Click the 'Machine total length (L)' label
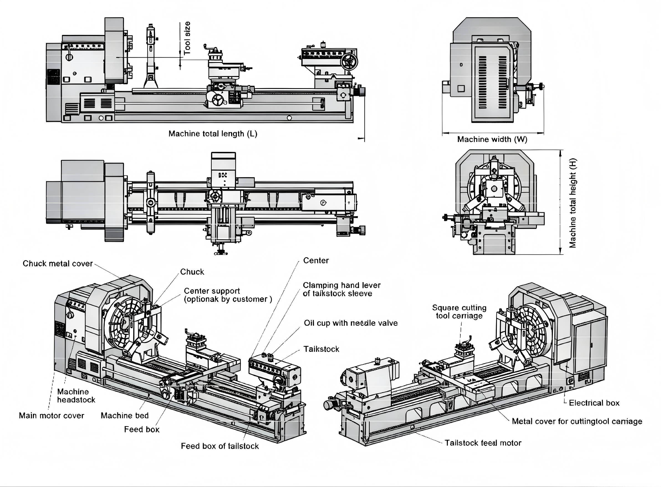pos(213,134)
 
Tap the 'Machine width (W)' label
pos(492,139)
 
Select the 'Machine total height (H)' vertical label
pos(572,203)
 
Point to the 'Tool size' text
pos(187,38)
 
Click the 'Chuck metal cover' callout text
pos(58,264)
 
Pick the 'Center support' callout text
pos(228,295)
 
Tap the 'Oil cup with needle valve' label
pos(351,323)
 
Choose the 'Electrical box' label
pos(594,403)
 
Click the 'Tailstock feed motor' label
pos(483,443)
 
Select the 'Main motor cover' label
pos(52,416)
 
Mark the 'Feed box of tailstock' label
pos(220,446)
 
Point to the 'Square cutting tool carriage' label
pos(459,312)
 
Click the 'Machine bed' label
pos(125,416)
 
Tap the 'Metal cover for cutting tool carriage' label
pos(577,421)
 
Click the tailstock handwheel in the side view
pos(349,62)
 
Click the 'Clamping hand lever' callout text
pos(341,289)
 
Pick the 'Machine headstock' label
pos(76,396)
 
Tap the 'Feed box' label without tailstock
pos(142,430)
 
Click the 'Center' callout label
pos(316,261)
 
